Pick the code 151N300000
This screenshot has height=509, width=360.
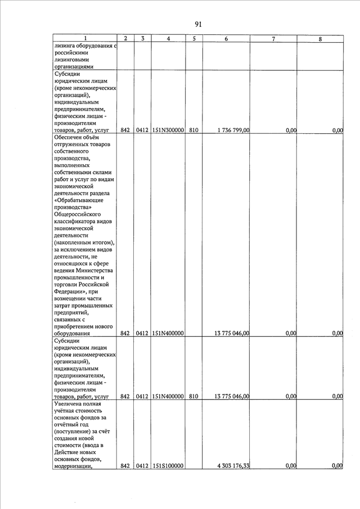(x=168, y=130)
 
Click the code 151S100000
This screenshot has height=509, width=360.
(x=168, y=466)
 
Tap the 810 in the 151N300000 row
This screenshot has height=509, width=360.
(x=193, y=130)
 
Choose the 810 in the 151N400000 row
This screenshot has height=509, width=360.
(x=193, y=397)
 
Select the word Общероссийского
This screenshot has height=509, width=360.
(x=78, y=214)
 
